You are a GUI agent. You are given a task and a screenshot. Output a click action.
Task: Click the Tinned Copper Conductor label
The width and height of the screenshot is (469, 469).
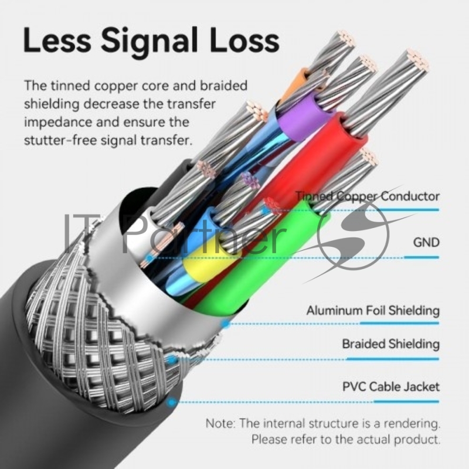pyautogui.click(x=368, y=196)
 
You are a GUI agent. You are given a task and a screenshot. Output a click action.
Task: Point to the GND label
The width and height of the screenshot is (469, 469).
pyautogui.click(x=426, y=242)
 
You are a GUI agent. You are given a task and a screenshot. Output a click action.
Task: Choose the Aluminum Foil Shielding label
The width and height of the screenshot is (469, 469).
pyautogui.click(x=373, y=311)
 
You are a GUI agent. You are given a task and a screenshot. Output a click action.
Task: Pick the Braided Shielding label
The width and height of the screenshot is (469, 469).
pyautogui.click(x=390, y=344)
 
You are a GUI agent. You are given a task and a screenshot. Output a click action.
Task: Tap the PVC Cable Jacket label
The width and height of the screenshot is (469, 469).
pyautogui.click(x=390, y=387)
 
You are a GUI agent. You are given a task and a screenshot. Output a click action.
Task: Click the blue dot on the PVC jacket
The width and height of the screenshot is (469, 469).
pyautogui.click(x=171, y=402)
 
